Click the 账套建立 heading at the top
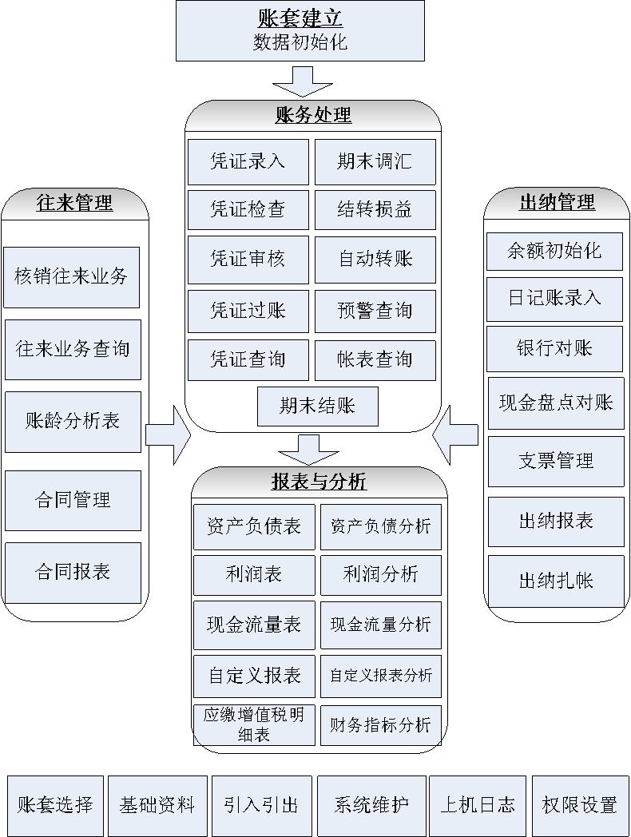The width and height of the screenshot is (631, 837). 300,18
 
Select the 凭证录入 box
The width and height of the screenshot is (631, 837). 248,162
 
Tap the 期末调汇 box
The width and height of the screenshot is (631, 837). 375,162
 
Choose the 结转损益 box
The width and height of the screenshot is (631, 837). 375,210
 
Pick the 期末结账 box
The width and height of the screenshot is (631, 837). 318,407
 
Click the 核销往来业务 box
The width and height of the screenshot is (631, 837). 72,278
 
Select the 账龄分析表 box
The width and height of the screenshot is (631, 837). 73,422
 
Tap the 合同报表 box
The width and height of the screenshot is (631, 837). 73,573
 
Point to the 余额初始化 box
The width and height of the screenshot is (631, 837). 554,252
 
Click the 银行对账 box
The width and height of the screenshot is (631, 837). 554,349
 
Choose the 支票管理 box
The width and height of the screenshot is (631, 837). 556,462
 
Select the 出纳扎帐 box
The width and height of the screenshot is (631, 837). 556,581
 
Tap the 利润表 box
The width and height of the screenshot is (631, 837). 254,575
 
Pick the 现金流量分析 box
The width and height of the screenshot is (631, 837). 381,625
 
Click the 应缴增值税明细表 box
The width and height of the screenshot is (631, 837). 254,725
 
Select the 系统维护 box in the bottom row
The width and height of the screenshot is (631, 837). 371,806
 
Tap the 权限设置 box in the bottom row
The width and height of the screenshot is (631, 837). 581,806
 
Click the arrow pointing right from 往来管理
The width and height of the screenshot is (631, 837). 169,435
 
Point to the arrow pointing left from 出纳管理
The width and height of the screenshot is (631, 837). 454,435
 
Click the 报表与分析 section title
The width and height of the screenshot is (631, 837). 319,482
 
